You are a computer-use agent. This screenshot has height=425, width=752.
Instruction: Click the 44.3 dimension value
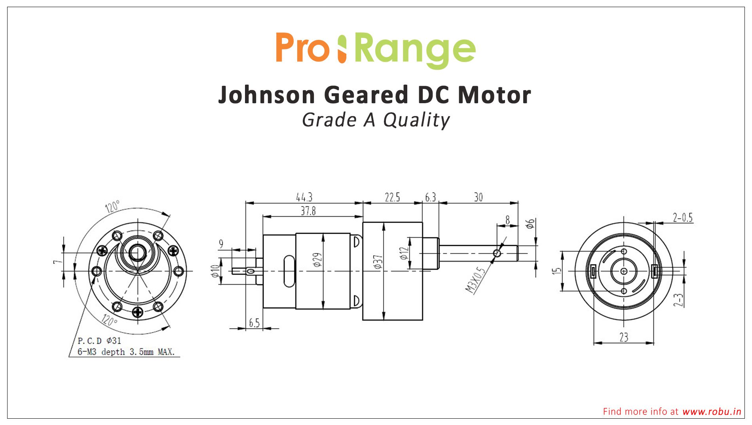point(304,197)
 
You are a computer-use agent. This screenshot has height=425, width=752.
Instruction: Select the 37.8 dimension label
point(308,211)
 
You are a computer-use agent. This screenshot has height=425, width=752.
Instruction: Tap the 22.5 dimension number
point(392,197)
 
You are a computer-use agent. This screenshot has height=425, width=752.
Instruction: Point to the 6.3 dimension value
point(430,197)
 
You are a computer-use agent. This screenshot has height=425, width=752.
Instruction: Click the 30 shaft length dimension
point(478,197)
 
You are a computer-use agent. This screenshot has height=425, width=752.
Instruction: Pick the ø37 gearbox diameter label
point(378,262)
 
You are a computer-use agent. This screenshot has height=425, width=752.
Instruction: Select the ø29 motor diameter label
point(317,260)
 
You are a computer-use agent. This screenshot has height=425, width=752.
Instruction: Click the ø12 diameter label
point(404,253)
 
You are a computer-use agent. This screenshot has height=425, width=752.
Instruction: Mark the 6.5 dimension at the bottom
point(254,323)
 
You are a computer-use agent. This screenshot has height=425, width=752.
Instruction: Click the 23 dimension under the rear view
point(623,337)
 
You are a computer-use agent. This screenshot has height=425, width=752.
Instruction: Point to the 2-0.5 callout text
point(682,217)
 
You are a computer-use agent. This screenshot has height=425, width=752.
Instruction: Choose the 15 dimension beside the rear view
point(557,271)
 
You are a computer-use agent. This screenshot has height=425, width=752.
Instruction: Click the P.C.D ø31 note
point(99,341)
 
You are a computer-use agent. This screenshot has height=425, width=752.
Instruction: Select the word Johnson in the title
point(266,95)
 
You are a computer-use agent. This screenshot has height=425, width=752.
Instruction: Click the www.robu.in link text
point(711,412)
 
